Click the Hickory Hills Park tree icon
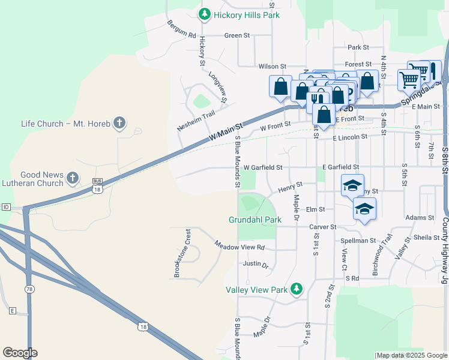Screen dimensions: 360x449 tap(205, 14)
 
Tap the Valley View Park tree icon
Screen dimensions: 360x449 tap(295, 289)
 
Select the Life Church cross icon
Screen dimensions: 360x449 tap(119, 124)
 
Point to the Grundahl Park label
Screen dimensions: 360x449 tap(255, 220)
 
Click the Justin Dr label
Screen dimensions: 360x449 tap(256, 264)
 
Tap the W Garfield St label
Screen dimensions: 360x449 tap(262, 167)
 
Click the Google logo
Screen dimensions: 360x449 tap(20, 353)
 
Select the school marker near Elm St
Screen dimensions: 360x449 tap(364, 209)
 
